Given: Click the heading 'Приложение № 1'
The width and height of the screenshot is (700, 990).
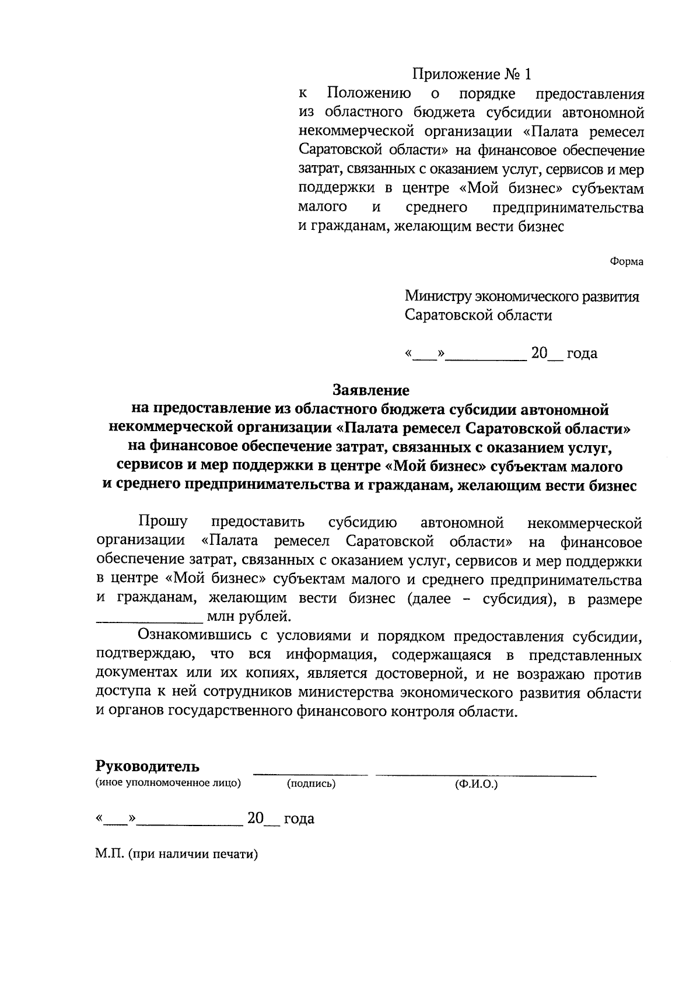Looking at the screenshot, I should pyautogui.click(x=473, y=75).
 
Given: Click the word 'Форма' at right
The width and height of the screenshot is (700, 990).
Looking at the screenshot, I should pyautogui.click(x=627, y=261).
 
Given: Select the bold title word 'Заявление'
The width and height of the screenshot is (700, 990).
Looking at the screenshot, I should pyautogui.click(x=371, y=390).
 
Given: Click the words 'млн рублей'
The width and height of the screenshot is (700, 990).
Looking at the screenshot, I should pyautogui.click(x=244, y=616).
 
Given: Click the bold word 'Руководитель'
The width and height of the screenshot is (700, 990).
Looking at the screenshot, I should pyautogui.click(x=147, y=766).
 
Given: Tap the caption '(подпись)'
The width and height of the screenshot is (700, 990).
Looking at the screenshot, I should pyautogui.click(x=311, y=784).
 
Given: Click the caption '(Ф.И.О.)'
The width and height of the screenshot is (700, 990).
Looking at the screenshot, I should pyautogui.click(x=476, y=784).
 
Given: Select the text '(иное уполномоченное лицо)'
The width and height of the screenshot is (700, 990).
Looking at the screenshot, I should pyautogui.click(x=168, y=783).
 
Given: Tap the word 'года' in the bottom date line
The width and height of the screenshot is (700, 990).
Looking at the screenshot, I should pyautogui.click(x=299, y=818).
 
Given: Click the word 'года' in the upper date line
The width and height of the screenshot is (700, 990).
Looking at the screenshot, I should pyautogui.click(x=582, y=354).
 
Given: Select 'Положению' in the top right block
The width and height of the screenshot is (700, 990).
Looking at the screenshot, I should pyautogui.click(x=369, y=93).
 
